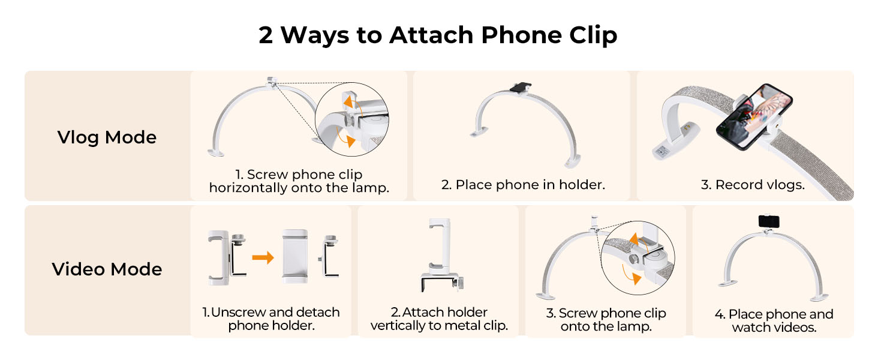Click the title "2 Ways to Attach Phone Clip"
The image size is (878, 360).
(438, 35)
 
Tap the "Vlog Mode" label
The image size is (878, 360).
(107, 137)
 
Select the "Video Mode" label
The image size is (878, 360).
(107, 269)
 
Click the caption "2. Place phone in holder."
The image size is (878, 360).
(523, 185)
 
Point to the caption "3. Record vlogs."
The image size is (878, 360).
(753, 185)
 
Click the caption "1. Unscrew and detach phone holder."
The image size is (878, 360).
(271, 319)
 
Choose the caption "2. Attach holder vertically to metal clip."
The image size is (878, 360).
(439, 319)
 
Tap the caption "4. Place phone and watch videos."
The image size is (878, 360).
(774, 320)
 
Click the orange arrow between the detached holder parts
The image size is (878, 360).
(263, 257)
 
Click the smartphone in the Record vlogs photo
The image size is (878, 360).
(754, 116)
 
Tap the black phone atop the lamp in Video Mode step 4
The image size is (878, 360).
(769, 221)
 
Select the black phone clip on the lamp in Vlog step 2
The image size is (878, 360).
(521, 88)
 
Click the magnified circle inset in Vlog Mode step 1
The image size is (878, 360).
(352, 119)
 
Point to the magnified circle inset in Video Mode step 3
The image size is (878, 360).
(638, 257)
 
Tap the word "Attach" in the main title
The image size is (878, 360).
(431, 35)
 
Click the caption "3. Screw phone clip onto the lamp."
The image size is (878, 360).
(606, 319)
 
